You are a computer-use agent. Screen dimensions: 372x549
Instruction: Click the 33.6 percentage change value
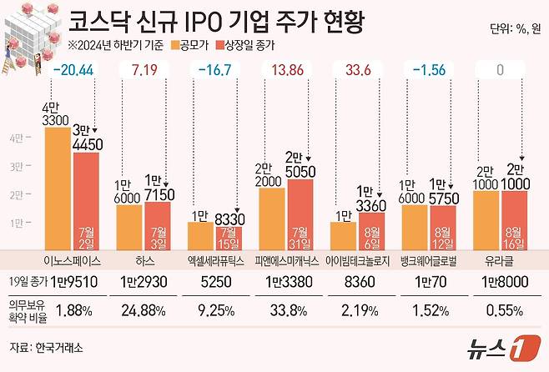click(360, 71)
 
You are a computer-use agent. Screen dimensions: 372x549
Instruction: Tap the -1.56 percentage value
click(430, 71)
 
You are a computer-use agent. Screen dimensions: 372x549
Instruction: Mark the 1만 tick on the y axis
click(17, 223)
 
